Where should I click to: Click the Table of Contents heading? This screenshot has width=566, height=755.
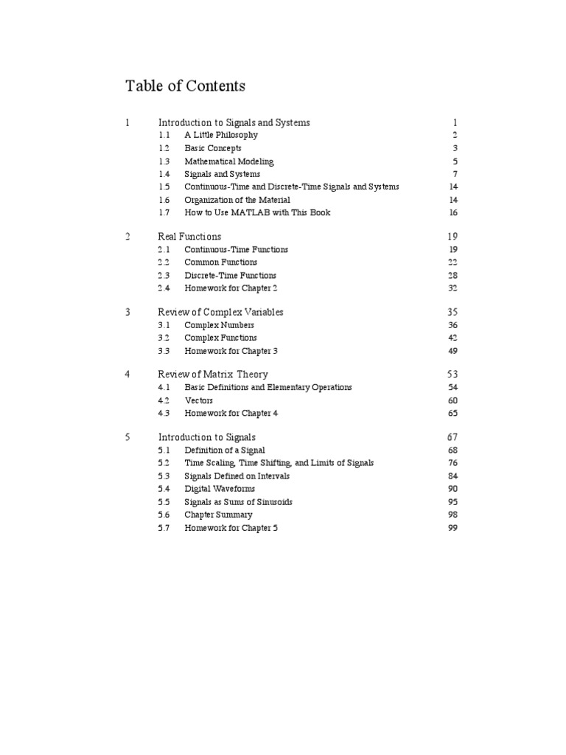tap(186, 86)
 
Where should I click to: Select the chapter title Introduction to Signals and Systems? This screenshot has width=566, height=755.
tap(234, 122)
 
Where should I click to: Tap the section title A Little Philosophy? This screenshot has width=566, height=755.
tap(221, 136)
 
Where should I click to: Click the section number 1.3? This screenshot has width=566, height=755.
tap(164, 161)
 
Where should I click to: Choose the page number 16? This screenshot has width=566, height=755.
tap(453, 213)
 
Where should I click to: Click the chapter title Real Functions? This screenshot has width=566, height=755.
tap(189, 237)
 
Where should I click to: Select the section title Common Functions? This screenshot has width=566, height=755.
tap(221, 262)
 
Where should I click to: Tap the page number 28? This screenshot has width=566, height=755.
tap(453, 276)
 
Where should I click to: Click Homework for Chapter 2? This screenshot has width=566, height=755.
tap(231, 288)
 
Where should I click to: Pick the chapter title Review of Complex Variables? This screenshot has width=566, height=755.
tap(220, 312)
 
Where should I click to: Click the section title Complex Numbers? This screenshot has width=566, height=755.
tap(219, 325)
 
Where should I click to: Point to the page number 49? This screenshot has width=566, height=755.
tap(453, 351)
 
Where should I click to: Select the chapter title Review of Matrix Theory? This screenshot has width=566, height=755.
tap(213, 375)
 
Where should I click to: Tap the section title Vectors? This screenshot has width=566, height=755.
tap(199, 400)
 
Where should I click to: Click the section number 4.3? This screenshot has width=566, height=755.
tap(164, 414)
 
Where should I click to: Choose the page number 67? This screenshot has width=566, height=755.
tap(453, 437)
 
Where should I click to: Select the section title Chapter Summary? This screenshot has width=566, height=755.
tap(218, 515)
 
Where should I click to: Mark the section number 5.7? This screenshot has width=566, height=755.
tap(164, 528)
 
